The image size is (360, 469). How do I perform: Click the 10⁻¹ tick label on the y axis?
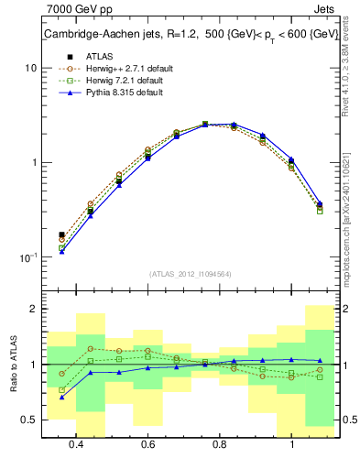point(27,257)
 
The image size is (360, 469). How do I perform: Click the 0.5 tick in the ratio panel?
point(27,420)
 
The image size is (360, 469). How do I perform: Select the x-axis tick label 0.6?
point(147,446)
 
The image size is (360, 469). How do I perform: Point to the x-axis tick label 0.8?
point(220,446)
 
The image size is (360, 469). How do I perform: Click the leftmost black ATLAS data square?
point(61,235)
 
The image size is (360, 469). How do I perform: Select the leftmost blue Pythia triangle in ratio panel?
point(61,397)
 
